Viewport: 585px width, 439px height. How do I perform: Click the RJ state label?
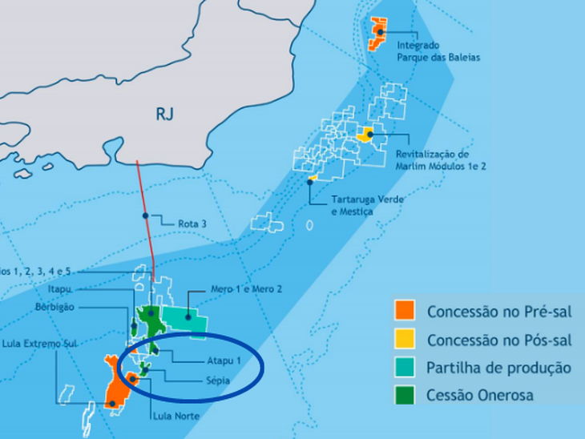(x=164, y=115)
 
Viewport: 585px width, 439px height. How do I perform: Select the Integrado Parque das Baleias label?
(x=438, y=51)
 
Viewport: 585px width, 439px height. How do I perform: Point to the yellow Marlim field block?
(x=366, y=134)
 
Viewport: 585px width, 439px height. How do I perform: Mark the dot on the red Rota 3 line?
(x=145, y=215)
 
